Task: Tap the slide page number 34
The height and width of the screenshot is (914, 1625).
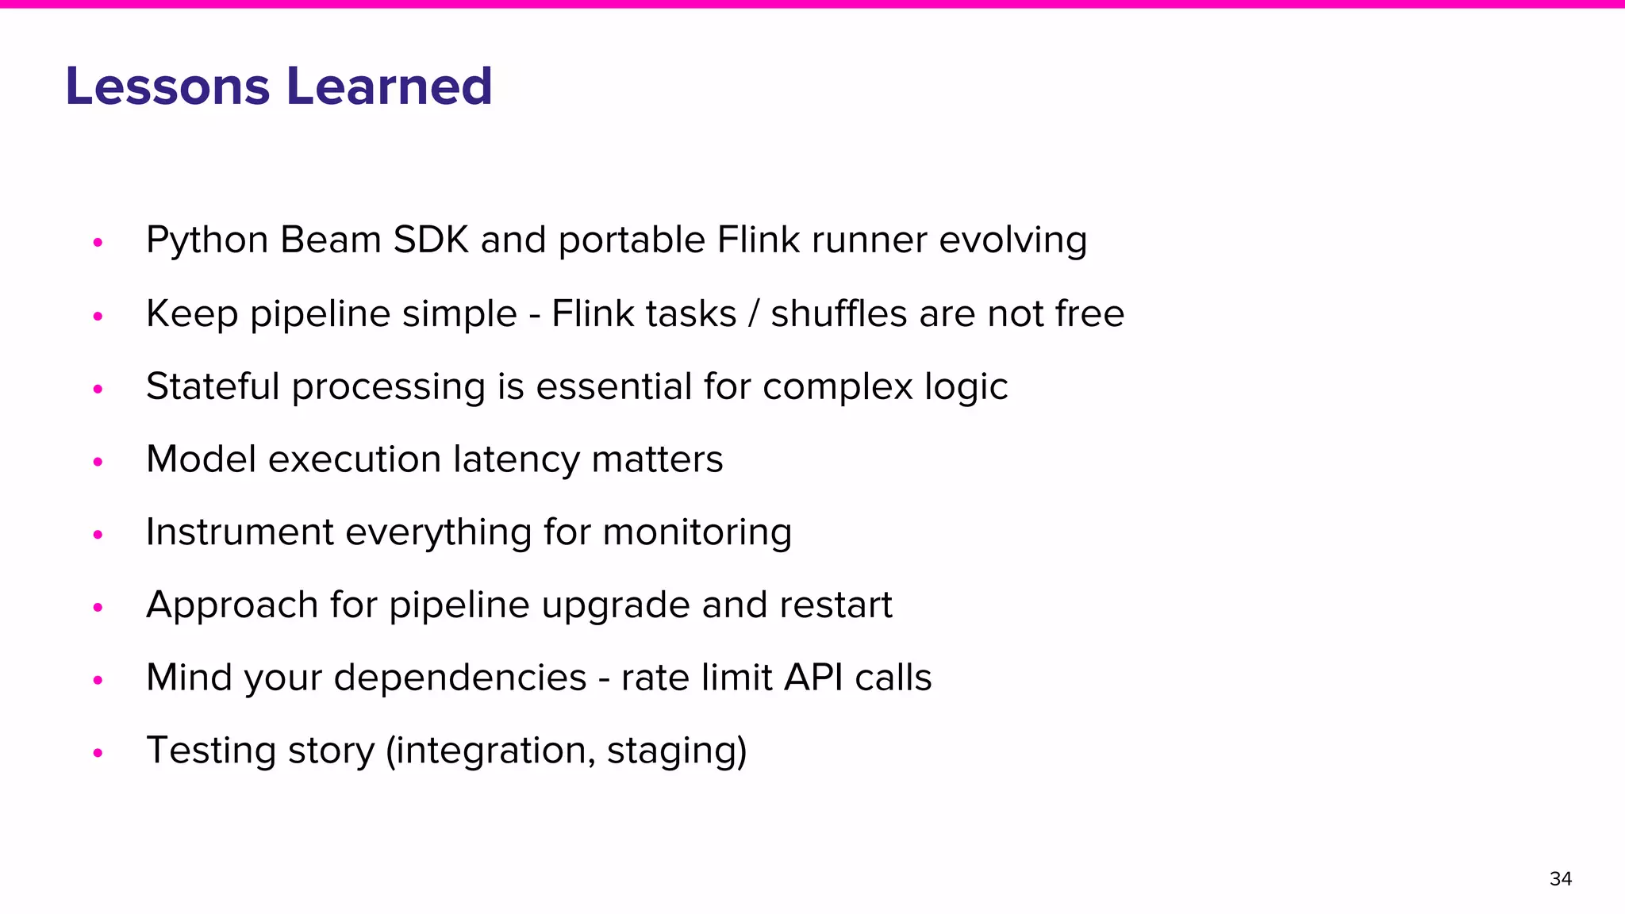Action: (x=1560, y=878)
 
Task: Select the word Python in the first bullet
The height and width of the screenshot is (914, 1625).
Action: (x=207, y=240)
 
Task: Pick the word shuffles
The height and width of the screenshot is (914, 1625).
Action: (x=839, y=313)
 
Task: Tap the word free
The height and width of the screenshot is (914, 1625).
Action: (x=1089, y=313)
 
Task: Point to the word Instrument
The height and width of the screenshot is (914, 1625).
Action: (x=240, y=532)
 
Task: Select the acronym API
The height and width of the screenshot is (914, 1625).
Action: (x=813, y=678)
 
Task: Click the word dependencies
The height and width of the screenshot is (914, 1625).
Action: (x=459, y=678)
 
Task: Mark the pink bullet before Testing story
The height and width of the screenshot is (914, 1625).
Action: (x=98, y=752)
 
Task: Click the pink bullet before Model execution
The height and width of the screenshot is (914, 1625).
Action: (x=98, y=461)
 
